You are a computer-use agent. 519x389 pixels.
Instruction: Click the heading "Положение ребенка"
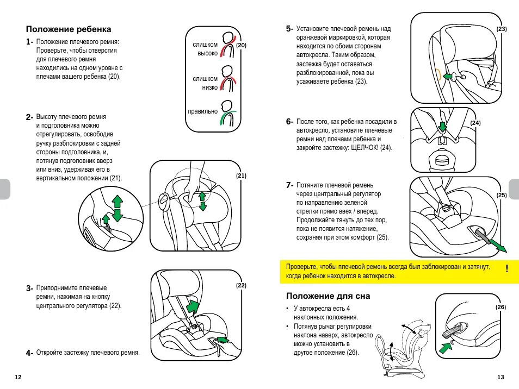69,29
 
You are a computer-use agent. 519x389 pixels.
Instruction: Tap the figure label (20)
242,46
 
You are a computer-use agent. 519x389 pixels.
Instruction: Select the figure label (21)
242,175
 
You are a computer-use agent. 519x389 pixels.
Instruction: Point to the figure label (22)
242,285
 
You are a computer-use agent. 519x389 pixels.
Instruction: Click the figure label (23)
502,29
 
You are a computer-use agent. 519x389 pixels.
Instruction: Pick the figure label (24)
475,123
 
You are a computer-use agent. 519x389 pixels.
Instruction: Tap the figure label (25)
502,195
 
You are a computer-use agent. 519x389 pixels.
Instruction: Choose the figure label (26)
501,308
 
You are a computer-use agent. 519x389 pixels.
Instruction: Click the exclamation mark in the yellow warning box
506,269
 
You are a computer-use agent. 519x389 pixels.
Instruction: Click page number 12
18,377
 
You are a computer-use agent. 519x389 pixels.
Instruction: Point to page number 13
501,377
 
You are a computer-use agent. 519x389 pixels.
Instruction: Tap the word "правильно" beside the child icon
202,111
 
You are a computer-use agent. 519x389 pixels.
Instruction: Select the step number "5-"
290,28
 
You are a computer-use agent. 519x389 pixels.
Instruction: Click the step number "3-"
30,288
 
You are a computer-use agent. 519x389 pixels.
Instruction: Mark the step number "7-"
290,185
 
